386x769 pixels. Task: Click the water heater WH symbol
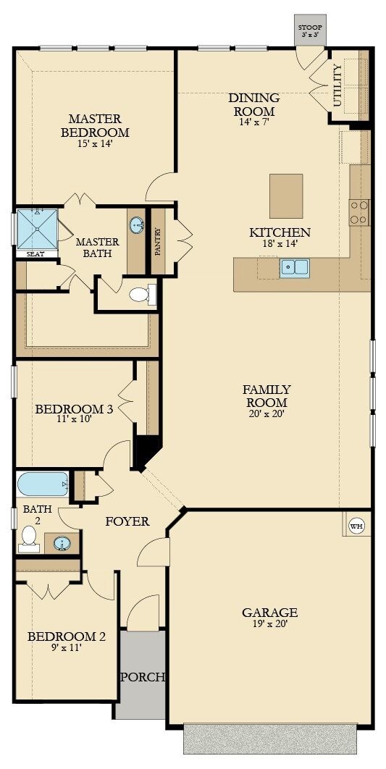click(357, 526)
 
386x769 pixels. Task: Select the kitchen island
click(286, 196)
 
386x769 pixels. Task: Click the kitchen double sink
click(295, 268)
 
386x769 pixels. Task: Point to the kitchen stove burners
click(359, 213)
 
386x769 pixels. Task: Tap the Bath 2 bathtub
click(43, 484)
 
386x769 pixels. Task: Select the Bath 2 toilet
click(30, 539)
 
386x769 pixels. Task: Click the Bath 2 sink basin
click(62, 544)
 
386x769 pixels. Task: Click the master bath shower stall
click(37, 230)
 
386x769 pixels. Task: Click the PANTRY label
click(158, 241)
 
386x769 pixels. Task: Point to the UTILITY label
click(338, 85)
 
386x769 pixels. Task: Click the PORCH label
click(143, 677)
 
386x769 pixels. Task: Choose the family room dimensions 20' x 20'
click(267, 413)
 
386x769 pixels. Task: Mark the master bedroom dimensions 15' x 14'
click(95, 143)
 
